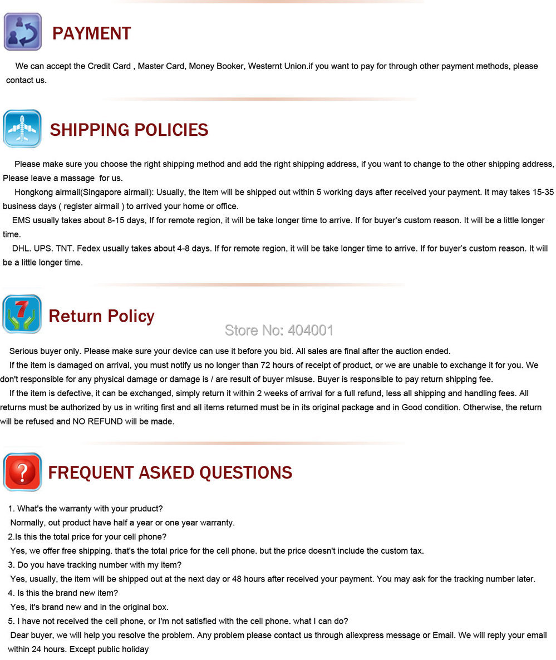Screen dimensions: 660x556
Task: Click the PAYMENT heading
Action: click(91, 33)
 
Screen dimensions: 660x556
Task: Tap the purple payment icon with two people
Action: click(22, 31)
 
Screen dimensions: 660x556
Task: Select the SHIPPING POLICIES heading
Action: click(129, 130)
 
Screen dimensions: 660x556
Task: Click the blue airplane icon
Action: click(22, 129)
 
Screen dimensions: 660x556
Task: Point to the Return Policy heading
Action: click(101, 316)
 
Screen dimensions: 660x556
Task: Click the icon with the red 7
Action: click(22, 314)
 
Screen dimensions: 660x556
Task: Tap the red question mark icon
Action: click(22, 472)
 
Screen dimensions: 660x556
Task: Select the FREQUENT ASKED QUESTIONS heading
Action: click(170, 472)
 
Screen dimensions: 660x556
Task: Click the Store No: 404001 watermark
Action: click(279, 330)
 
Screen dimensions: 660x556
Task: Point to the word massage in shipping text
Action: click(79, 178)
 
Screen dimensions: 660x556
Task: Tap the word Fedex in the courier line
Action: click(88, 248)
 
